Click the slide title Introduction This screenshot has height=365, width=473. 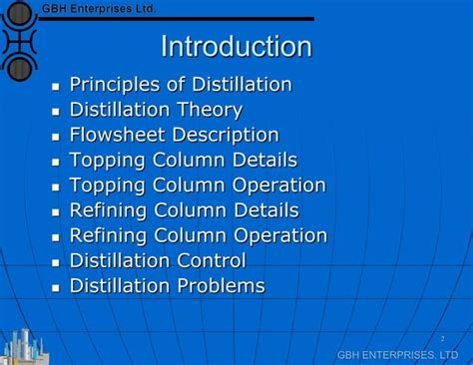coord(236,47)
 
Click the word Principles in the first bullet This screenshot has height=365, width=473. coord(111,85)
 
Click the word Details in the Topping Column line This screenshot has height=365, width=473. coord(264,160)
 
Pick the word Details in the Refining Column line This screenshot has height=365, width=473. coord(265,210)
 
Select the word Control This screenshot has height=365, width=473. coord(211,261)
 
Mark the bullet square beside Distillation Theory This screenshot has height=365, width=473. coord(56,112)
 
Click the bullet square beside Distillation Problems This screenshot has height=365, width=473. coord(56,288)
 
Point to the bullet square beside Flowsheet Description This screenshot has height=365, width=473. coord(56,137)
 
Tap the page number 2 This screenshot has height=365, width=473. coord(441,339)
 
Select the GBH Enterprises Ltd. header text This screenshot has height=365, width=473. coord(99,8)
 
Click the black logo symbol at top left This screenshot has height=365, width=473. coord(20,40)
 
